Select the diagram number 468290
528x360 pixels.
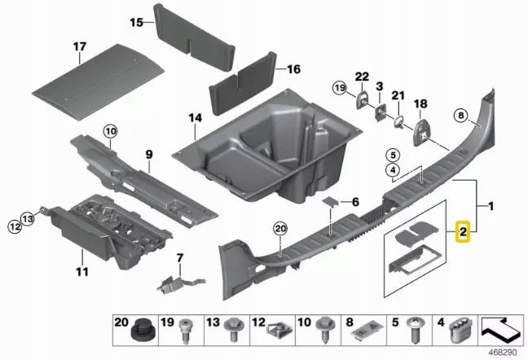point(502,353)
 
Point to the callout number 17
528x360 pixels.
point(79,47)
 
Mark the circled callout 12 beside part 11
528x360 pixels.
point(14,226)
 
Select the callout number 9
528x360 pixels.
point(149,153)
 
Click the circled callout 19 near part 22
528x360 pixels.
point(340,86)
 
